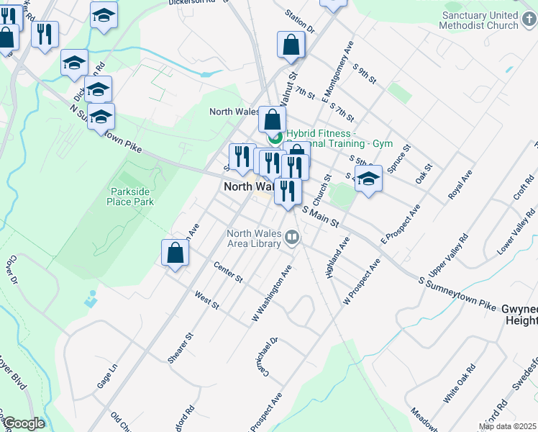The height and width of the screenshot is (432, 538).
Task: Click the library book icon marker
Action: click(291, 237)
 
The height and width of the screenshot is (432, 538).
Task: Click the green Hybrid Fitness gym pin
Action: click(274, 138)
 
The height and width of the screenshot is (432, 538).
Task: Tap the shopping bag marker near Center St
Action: click(175, 254)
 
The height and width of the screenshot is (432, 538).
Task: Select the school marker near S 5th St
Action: click(368, 179)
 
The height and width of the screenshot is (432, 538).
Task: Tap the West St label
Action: click(206, 300)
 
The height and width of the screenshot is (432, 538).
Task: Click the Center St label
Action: click(229, 272)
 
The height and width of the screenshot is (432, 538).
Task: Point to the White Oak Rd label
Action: click(460, 383)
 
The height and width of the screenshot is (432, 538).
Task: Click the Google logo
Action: click(23, 423)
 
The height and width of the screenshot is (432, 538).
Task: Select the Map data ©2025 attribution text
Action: click(508, 426)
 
